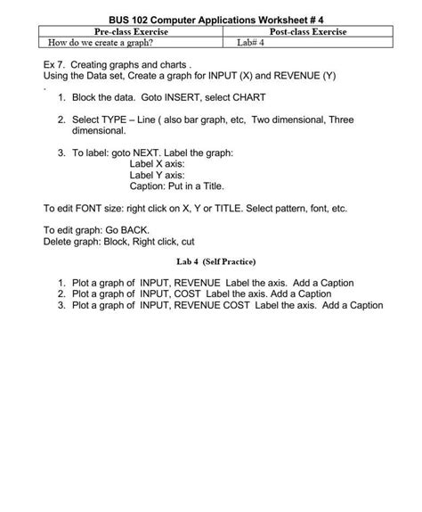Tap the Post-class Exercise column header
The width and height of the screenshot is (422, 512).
click(300, 31)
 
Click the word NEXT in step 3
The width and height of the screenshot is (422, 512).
click(159, 153)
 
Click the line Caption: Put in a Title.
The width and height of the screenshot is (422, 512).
click(177, 187)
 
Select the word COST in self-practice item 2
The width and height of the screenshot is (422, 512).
click(189, 293)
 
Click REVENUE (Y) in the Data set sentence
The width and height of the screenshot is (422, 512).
click(304, 77)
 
